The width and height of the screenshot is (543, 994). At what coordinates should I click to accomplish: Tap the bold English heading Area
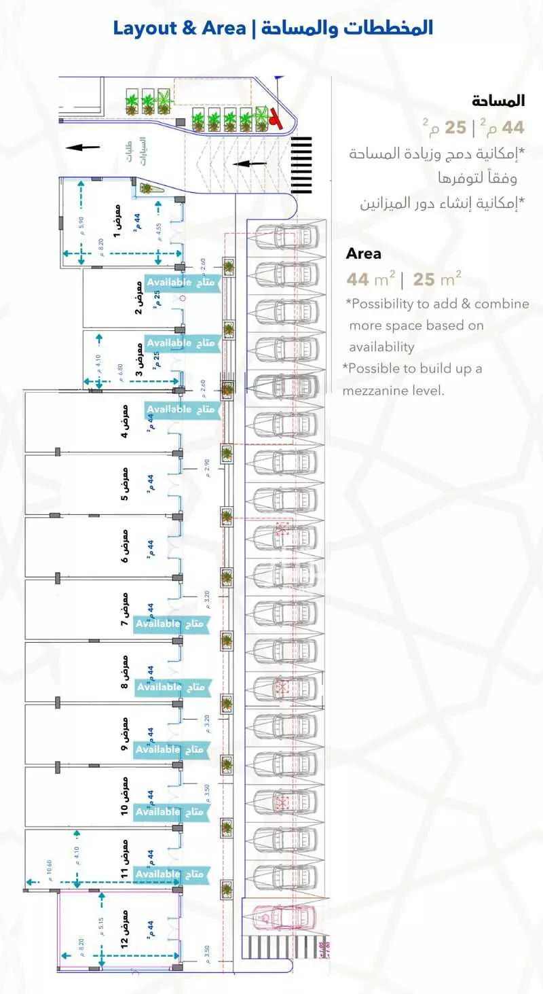pyautogui.click(x=364, y=254)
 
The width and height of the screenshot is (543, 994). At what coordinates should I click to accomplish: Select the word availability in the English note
pyautogui.click(x=381, y=347)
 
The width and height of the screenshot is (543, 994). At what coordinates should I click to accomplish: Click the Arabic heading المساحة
pyautogui.click(x=499, y=101)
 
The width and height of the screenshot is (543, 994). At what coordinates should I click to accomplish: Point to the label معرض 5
pyautogui.click(x=124, y=484)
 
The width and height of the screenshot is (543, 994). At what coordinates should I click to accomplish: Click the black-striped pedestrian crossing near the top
pyautogui.click(x=301, y=165)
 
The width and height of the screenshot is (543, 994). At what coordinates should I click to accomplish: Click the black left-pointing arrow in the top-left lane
pyautogui.click(x=83, y=147)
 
